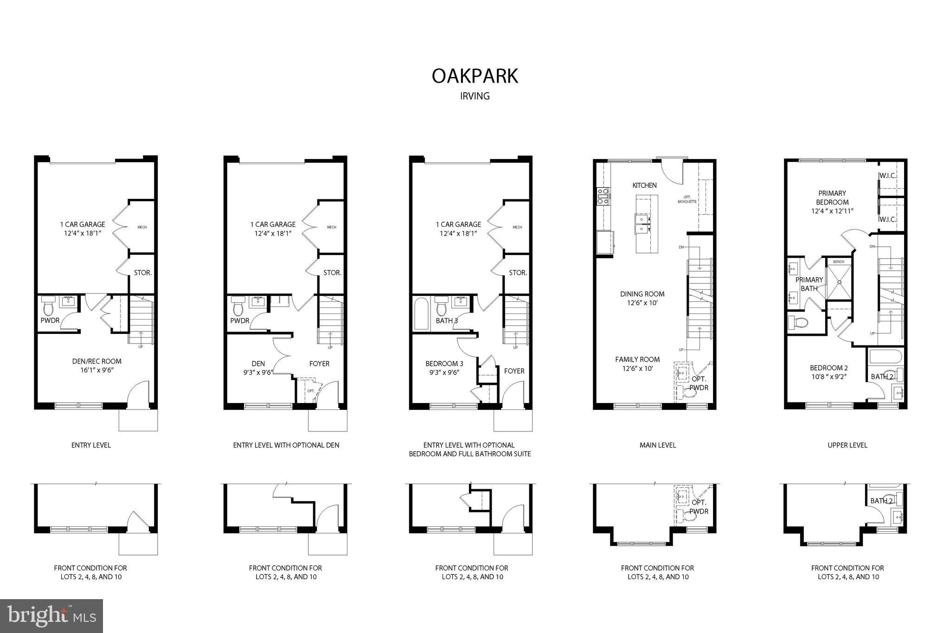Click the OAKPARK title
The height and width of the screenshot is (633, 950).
click(x=475, y=76)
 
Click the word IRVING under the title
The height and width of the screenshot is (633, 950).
click(x=475, y=96)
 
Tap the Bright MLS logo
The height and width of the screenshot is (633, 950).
click(x=51, y=615)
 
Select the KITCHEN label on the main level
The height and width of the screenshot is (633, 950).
click(x=644, y=185)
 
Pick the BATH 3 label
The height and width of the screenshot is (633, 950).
click(x=447, y=320)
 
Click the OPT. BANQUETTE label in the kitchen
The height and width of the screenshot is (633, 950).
click(x=687, y=199)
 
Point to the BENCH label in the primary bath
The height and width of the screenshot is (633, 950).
click(x=839, y=262)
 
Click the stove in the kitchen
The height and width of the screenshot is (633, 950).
click(x=603, y=197)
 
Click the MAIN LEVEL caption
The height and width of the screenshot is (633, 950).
click(x=657, y=445)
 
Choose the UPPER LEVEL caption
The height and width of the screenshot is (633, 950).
click(x=847, y=445)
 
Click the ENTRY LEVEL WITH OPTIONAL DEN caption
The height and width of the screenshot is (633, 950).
click(x=286, y=445)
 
